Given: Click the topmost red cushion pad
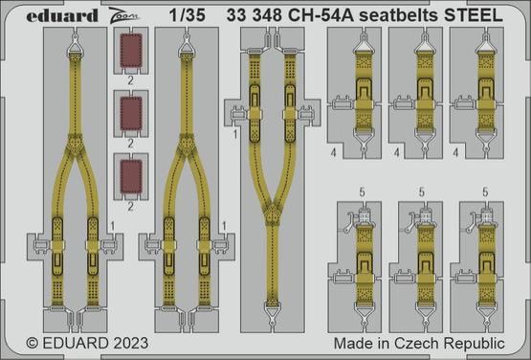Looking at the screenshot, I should coord(133,53).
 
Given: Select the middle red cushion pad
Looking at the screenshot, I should coord(133,115).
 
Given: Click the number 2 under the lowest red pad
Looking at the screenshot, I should coord(131,204).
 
